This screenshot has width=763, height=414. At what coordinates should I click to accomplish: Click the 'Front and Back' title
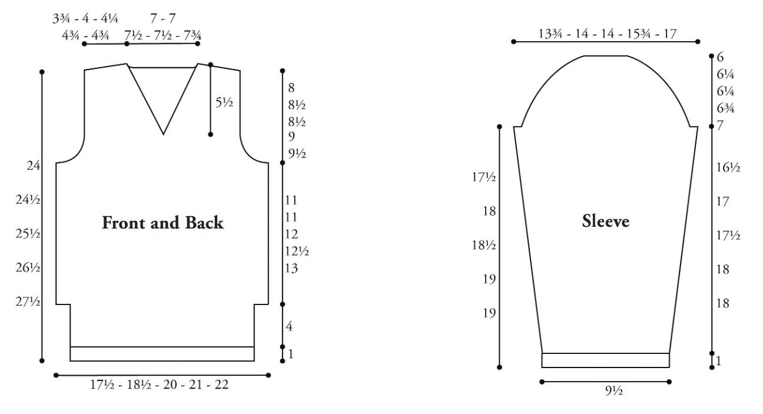pos(163,223)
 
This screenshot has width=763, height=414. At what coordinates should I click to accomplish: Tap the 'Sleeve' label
pos(605,221)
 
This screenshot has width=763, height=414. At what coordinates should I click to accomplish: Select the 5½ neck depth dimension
pos(224,102)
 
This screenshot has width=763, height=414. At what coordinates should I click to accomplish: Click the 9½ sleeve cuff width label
pos(614,390)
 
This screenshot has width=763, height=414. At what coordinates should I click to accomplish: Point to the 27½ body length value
pos(28,302)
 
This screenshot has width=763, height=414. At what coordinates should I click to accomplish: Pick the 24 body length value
pos(34,165)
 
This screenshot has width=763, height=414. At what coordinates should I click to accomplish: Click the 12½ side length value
pos(297,251)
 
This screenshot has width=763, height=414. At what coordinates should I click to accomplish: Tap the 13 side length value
pos(291,268)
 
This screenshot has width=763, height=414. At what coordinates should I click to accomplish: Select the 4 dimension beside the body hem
pos(289,326)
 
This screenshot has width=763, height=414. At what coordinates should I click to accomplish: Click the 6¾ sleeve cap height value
pos(725,108)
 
